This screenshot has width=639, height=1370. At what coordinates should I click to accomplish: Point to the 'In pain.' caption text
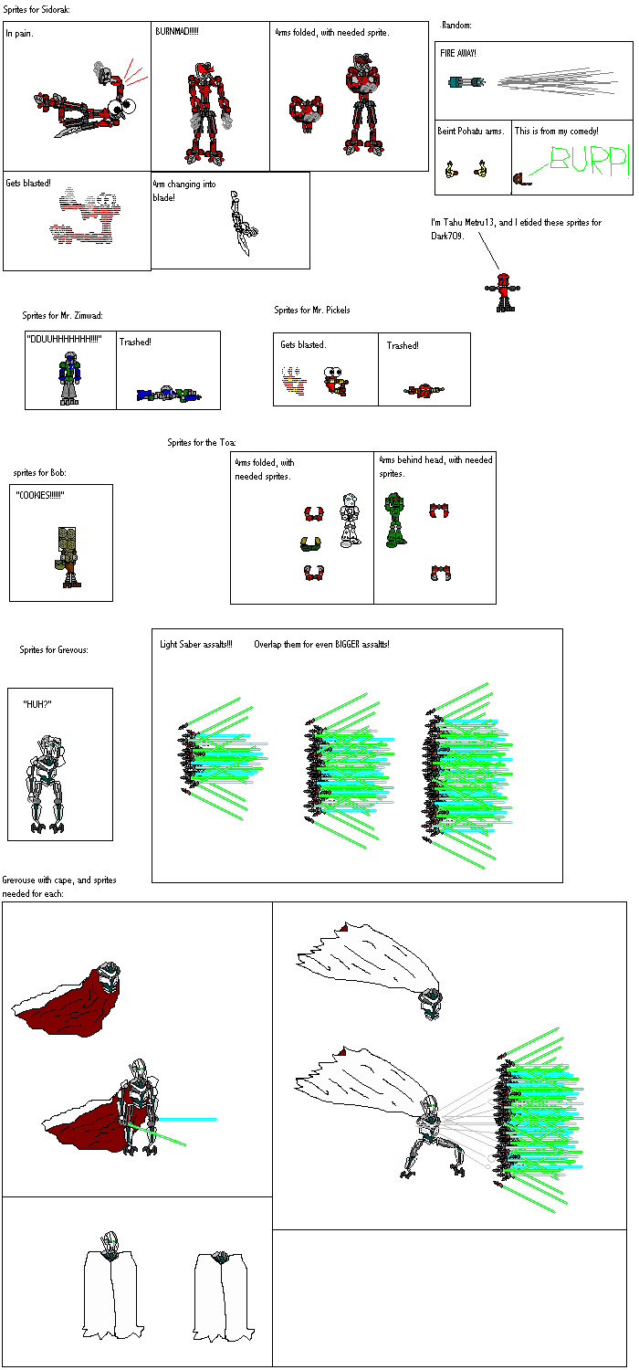[x=20, y=34]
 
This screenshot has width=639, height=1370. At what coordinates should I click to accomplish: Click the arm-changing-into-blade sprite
[x=240, y=225]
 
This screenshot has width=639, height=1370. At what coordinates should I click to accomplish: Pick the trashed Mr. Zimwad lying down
[x=168, y=394]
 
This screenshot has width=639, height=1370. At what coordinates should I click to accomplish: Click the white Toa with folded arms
[x=349, y=521]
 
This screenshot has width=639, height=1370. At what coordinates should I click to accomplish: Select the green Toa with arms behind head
[x=395, y=520]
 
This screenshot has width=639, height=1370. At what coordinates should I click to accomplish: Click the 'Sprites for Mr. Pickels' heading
[x=312, y=310]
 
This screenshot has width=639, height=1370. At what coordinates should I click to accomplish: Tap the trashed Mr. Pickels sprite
[x=424, y=390]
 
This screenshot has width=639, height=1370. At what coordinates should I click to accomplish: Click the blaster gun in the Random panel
[x=466, y=82]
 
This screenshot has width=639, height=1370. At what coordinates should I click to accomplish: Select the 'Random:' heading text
[x=456, y=25]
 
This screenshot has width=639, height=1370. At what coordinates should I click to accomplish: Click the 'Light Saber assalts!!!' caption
[x=195, y=644]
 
